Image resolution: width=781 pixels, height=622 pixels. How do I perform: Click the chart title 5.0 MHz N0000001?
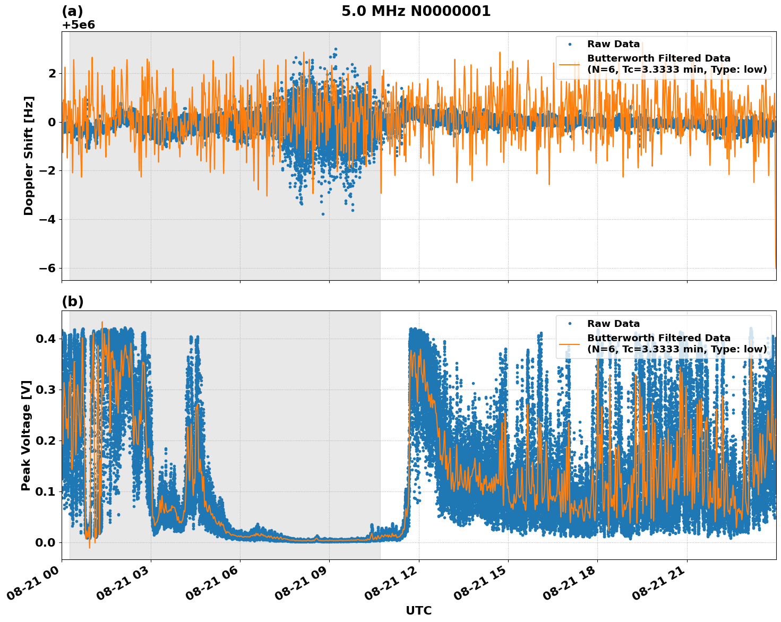pyautogui.click(x=416, y=11)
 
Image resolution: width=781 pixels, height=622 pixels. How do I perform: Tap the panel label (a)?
pyautogui.click(x=72, y=11)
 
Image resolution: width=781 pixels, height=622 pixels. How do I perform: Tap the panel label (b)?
pyautogui.click(x=72, y=301)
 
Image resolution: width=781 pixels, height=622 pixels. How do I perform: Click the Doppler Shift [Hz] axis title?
pyautogui.click(x=29, y=155)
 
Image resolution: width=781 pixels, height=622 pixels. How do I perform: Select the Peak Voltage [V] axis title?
pyautogui.click(x=26, y=435)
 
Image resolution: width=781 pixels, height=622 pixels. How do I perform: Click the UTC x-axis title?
pyautogui.click(x=418, y=610)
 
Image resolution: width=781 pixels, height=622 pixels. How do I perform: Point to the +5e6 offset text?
pyautogui.click(x=79, y=25)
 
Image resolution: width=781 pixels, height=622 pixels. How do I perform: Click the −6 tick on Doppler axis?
pyautogui.click(x=47, y=268)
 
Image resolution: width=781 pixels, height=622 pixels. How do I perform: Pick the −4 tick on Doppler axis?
pyautogui.click(x=47, y=219)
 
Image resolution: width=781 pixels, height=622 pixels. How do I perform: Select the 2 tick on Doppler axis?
pyautogui.click(x=52, y=73)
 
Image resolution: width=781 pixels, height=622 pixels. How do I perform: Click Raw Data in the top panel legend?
pyautogui.click(x=613, y=44)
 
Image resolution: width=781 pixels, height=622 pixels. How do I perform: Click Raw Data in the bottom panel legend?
pyautogui.click(x=613, y=324)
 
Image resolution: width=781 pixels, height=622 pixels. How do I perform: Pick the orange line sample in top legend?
pyautogui.click(x=570, y=64)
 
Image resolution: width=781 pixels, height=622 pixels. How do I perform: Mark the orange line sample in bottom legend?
pyautogui.click(x=570, y=344)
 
